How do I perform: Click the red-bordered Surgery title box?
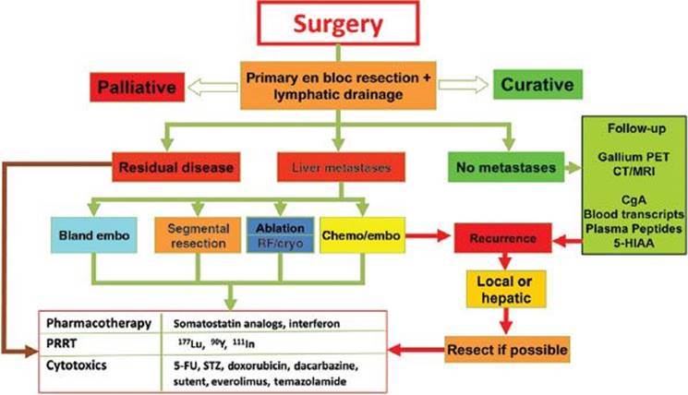coord(338,23)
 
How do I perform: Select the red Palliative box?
coord(138,87)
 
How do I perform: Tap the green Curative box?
coord(537,84)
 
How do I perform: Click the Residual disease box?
coord(176,167)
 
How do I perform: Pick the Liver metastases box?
coord(341,167)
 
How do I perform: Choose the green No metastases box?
coord(506,167)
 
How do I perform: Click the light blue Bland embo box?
coord(94,235)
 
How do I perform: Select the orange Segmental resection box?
coord(198,235)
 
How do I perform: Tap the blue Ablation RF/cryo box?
coord(281,235)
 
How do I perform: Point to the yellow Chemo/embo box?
coord(362,235)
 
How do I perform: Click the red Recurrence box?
coord(502,238)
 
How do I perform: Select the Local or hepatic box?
coord(506,290)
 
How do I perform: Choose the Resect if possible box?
coord(507,350)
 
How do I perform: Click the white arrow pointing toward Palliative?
coord(212,88)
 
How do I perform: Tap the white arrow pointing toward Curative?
coord(464,85)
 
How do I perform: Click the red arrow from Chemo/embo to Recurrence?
coord(428,236)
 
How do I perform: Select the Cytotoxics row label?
coord(77,365)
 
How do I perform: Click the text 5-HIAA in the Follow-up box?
coord(634,243)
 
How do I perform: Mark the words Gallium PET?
coord(634,157)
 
